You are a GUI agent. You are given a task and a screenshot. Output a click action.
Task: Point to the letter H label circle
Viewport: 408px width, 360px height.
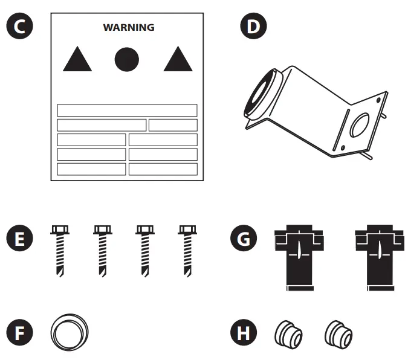[244, 333]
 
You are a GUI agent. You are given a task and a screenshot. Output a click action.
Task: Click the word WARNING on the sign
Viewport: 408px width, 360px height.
[128, 27]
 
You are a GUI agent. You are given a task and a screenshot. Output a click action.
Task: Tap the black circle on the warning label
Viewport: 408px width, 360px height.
[127, 59]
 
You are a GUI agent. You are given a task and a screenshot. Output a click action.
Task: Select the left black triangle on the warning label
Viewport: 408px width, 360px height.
[77, 60]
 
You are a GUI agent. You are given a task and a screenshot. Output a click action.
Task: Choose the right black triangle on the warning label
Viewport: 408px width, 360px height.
[178, 60]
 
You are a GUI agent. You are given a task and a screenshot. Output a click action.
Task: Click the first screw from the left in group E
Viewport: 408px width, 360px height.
[59, 250]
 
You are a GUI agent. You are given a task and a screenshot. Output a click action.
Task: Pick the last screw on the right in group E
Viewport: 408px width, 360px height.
[187, 250]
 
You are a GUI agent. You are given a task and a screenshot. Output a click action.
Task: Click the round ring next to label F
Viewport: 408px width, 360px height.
[69, 332]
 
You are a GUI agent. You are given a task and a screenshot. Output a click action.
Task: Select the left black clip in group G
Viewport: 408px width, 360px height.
[299, 256]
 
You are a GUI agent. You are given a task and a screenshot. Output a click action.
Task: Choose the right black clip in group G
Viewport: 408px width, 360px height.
[380, 256]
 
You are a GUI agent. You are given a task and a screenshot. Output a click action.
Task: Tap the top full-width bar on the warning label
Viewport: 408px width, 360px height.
[127, 111]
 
